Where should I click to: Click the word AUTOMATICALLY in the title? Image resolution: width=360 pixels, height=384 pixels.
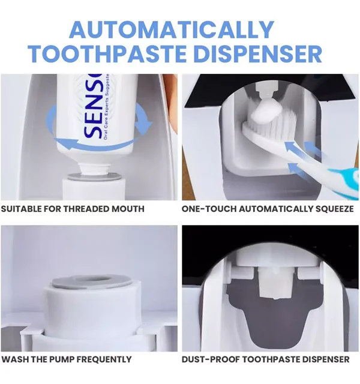(172, 29)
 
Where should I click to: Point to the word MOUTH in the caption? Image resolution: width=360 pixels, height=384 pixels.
(128, 209)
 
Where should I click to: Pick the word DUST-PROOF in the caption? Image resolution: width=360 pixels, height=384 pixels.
(211, 359)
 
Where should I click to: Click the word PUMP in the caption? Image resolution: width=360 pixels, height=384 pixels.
(62, 359)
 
